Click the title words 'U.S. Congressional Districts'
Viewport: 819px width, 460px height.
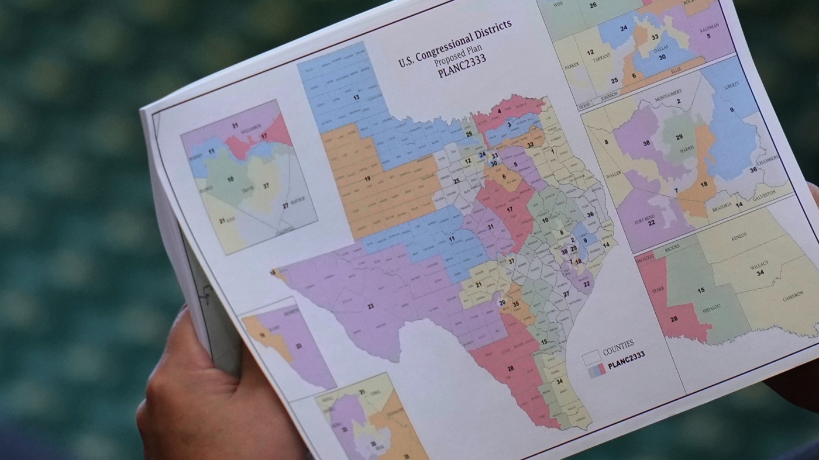point(455,43)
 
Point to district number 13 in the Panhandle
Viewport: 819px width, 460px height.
point(356,97)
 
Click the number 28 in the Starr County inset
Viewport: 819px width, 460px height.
point(673,319)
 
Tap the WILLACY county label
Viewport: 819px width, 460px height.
point(759,265)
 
